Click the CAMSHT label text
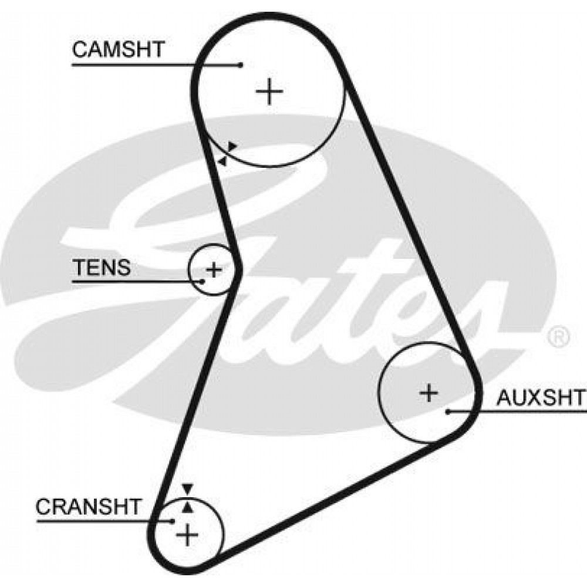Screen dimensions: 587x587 point(119,49)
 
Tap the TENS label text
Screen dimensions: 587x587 point(102,267)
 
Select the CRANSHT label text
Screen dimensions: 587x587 point(88,507)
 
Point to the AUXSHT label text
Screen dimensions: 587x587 point(541,397)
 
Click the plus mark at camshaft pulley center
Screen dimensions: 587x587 point(269,92)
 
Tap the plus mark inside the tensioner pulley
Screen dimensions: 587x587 point(214,269)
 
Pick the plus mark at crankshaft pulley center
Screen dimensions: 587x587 point(187,535)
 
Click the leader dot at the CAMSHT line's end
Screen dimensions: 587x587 point(241,65)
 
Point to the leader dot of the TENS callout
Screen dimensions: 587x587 point(203,281)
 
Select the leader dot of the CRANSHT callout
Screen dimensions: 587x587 point(173,520)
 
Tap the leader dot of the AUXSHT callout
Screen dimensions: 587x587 point(447,411)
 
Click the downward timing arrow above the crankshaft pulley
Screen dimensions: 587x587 point(187,490)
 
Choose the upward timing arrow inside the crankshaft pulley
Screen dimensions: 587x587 point(188,507)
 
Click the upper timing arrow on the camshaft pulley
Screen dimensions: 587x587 point(232,146)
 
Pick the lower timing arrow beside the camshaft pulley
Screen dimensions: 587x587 point(222,161)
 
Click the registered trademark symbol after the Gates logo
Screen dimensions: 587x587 point(559,336)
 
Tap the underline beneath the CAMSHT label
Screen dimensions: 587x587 point(157,65)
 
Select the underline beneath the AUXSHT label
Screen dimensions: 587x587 point(517,411)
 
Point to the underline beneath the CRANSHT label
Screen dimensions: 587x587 point(104,520)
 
